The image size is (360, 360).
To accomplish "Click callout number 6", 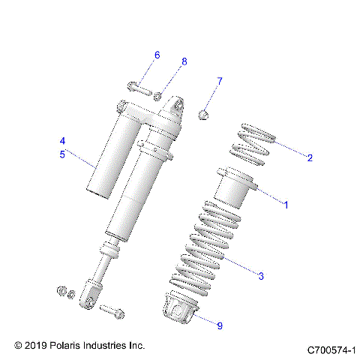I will coord(157,55).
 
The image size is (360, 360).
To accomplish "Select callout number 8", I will coord(184,61).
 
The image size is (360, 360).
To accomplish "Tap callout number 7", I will coord(220,80).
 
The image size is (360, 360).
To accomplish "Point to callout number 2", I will coord(309,157).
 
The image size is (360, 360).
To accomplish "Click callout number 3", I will coord(260,277).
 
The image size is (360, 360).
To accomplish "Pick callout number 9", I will coord(220,325).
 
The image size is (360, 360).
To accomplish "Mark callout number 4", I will coord(63,141).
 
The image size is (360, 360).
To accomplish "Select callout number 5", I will coord(63,154).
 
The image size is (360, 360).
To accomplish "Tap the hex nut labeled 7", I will coord(202,114).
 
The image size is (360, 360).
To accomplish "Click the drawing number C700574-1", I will coord(330,349).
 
